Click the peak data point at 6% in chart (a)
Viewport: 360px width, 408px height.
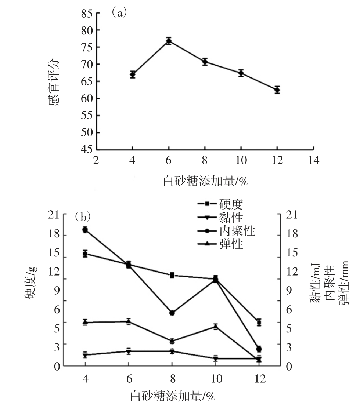169,41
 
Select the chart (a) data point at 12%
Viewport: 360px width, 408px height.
277,90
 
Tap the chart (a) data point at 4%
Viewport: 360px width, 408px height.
133,74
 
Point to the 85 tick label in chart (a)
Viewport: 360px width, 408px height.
87,14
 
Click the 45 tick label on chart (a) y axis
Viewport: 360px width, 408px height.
87,149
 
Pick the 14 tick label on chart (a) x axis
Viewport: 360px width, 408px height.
314,160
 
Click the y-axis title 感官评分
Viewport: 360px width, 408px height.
54,82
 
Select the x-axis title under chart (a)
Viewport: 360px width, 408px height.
205,181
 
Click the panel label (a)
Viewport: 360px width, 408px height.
119,12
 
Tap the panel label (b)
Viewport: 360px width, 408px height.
83,216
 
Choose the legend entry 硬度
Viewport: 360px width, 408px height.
220,204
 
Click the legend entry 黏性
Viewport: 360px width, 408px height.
220,218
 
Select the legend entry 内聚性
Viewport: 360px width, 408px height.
226,231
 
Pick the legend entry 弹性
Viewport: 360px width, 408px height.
220,244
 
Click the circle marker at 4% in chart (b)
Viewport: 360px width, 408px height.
85,230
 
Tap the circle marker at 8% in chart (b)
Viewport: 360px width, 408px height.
172,313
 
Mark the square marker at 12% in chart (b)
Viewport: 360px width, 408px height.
259,323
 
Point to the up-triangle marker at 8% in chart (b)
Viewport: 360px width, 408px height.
172,340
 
